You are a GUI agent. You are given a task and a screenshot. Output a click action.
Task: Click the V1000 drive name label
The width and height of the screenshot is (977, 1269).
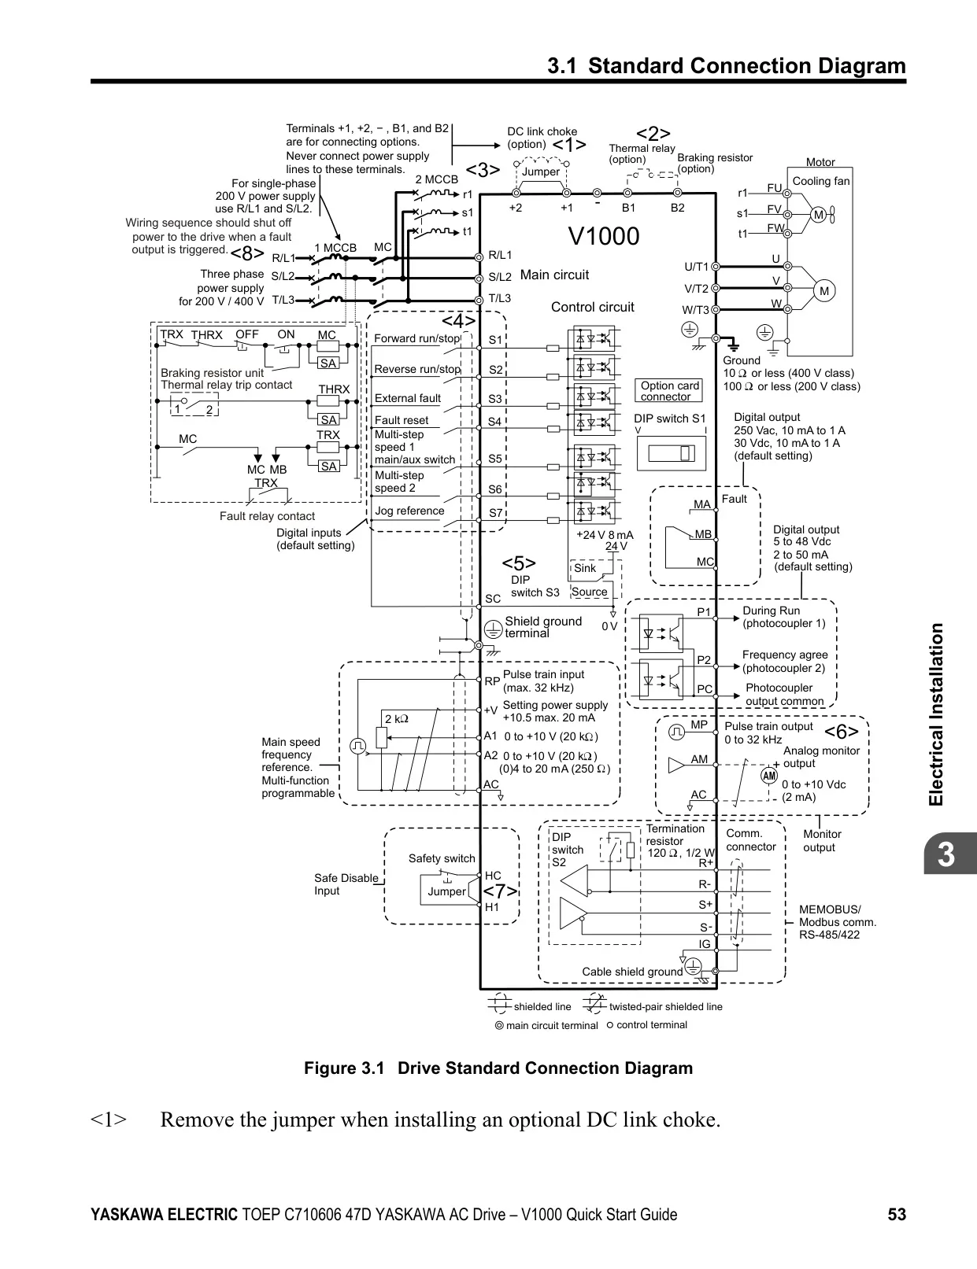604,237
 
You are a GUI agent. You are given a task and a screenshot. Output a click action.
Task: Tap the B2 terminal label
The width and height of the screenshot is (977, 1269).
677,208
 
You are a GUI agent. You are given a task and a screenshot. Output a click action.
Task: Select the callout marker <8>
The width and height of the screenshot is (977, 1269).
247,255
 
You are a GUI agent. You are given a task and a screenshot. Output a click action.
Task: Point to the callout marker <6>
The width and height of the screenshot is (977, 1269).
842,731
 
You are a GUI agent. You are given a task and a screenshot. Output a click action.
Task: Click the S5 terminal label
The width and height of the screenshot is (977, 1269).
495,459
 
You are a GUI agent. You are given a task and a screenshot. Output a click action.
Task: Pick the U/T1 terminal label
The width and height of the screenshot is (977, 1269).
696,267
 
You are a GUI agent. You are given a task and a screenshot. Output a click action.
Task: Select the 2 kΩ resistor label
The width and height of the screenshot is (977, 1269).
397,719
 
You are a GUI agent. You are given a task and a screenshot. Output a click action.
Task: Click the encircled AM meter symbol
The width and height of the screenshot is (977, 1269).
770,776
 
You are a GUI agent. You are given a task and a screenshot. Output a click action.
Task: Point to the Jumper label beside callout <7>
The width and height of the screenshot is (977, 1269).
446,891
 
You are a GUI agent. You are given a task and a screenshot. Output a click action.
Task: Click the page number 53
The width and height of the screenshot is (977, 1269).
897,1214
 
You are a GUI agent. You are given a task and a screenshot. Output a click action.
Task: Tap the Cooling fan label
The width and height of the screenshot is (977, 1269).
821,181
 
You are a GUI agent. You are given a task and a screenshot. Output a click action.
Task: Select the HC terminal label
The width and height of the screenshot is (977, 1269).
493,876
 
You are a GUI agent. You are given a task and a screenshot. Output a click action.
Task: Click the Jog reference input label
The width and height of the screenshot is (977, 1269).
409,511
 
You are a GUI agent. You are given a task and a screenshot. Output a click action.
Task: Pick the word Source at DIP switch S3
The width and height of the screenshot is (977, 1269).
589,592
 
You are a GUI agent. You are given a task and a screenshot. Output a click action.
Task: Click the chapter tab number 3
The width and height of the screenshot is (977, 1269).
946,854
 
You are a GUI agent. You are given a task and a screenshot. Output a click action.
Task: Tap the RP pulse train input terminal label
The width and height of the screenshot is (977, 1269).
492,681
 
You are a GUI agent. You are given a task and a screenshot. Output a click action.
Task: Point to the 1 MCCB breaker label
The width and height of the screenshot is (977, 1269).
335,248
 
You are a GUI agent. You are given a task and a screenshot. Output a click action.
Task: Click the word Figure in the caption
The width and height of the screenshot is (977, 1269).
329,1068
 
